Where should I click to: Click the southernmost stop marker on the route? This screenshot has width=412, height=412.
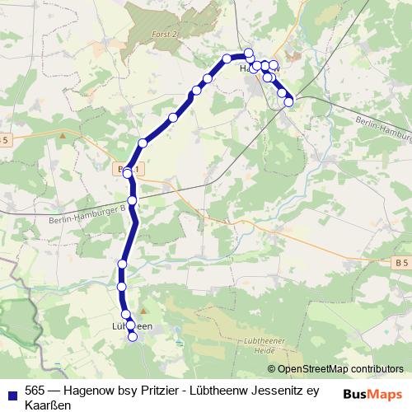pos(133,338)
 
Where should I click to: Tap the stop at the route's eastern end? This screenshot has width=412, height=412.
pos(289,102)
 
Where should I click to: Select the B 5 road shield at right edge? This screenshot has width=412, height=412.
pos(401,262)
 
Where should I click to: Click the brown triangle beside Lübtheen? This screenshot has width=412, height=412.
pos(143,311)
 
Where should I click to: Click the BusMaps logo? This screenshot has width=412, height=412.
pos(372,394)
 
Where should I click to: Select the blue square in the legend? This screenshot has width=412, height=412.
pos(11,393)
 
